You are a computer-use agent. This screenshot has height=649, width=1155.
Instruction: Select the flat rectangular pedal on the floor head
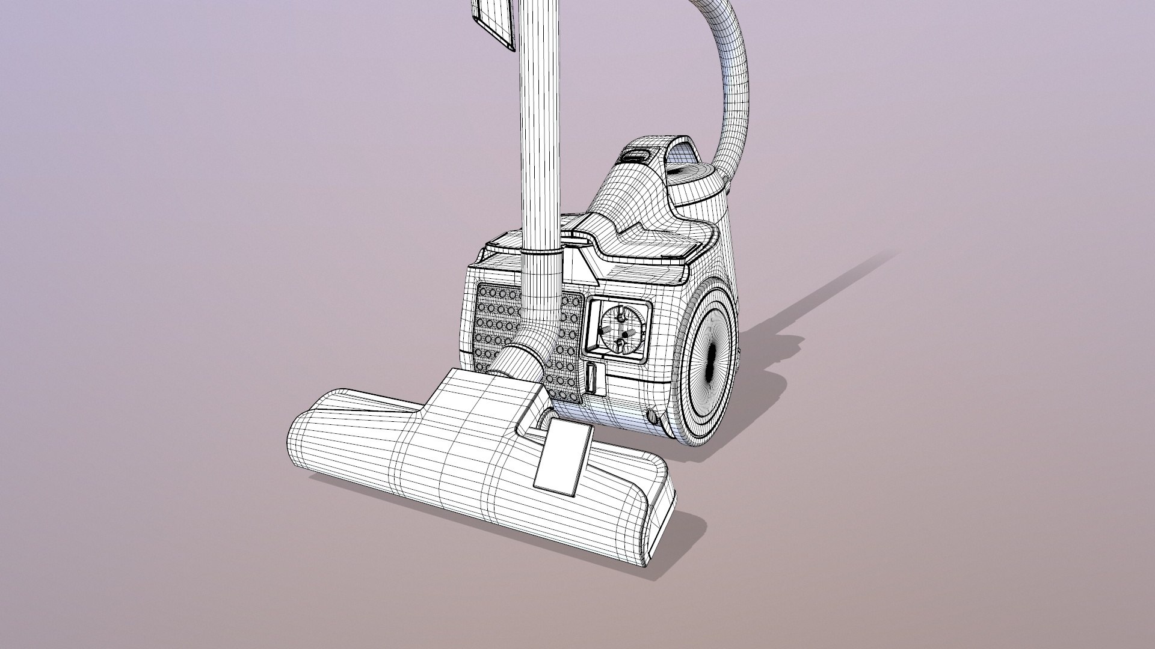(564, 457)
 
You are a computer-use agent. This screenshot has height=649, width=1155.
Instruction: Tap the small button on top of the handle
(636, 156)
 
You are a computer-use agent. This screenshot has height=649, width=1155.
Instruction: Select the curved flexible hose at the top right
(731, 72)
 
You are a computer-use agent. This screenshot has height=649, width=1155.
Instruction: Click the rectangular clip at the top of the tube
(494, 24)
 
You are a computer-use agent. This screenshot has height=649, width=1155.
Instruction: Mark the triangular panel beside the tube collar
(582, 267)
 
